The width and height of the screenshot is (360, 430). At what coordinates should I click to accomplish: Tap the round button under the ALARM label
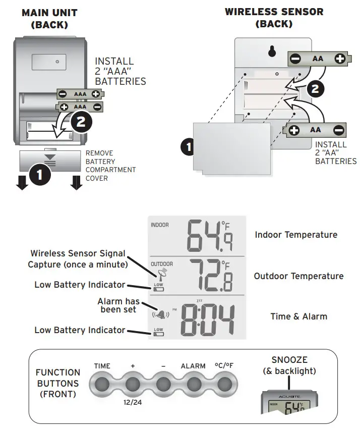(x=193, y=385)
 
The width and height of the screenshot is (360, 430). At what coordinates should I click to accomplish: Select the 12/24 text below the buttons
(x=133, y=404)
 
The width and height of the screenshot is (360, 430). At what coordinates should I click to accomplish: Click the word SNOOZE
(x=289, y=360)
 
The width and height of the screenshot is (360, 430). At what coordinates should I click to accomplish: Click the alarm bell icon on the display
(x=160, y=315)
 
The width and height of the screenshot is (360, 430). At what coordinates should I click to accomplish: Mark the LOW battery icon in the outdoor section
(x=158, y=287)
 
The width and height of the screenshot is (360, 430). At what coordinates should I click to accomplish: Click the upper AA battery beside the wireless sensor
(x=318, y=59)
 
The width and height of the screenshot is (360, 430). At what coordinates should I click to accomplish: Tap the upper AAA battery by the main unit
(x=80, y=94)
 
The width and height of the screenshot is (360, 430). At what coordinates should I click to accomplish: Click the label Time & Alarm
(x=298, y=316)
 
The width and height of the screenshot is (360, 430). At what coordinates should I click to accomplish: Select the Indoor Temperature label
(x=296, y=235)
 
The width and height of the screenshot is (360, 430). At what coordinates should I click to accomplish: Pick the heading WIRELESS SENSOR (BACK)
(x=274, y=17)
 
